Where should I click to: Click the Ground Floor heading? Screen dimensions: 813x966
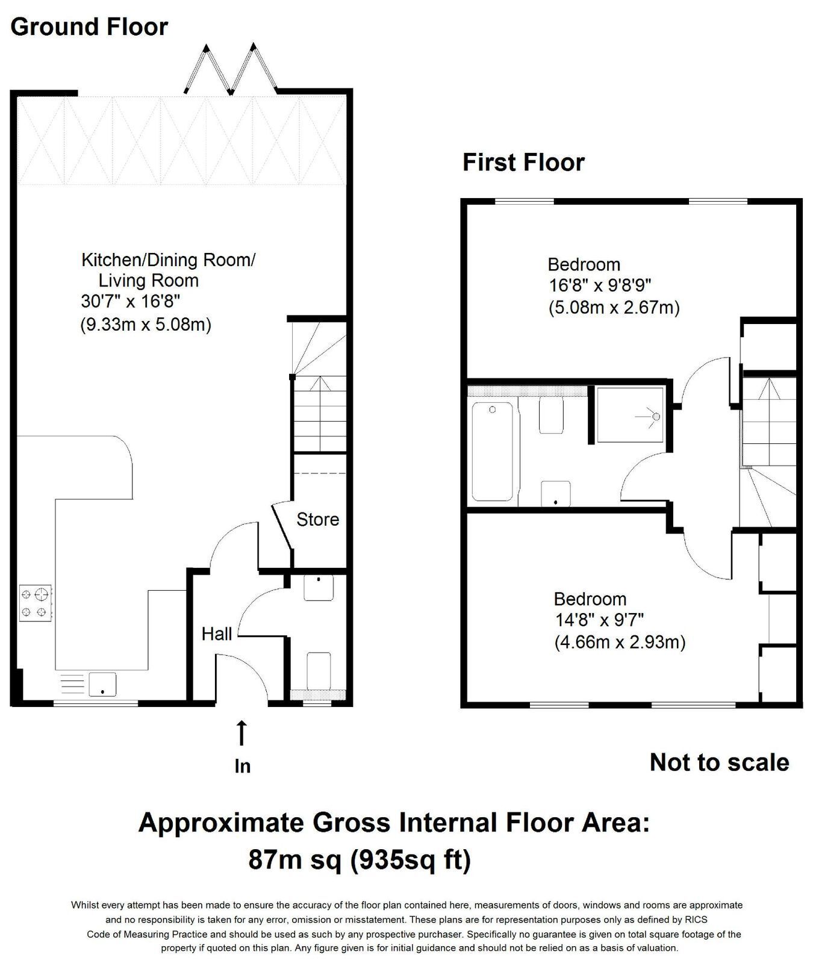89,27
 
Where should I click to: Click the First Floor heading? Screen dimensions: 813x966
523,163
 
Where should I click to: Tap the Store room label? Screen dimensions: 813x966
317,519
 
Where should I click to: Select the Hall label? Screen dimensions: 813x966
217,634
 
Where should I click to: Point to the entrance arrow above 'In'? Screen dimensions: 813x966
241,734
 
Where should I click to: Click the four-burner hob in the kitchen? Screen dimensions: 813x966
36,603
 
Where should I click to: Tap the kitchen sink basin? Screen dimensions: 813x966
102,684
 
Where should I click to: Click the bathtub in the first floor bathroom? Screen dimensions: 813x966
493,452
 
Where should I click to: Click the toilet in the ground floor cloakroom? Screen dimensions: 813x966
319,671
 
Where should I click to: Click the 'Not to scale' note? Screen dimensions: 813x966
720,762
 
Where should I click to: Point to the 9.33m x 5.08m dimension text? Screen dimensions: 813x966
146,325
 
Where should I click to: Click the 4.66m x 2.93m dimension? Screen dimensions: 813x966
620,643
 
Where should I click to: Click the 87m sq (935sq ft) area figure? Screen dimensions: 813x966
360,859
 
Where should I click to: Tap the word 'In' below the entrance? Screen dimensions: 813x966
242,766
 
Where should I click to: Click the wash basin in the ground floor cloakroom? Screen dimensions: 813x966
319,588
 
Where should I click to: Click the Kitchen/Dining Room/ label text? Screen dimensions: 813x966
169,261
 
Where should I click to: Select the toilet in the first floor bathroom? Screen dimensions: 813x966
551,414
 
